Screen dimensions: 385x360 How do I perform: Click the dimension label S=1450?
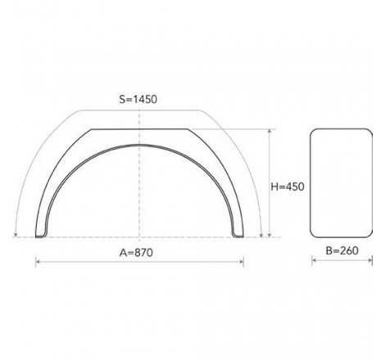tap(138, 99)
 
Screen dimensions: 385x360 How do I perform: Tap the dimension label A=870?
tap(136, 253)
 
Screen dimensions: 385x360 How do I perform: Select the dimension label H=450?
tap(288, 187)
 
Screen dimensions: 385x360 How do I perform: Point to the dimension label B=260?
tap(342, 250)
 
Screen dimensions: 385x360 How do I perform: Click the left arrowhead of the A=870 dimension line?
tap(38, 262)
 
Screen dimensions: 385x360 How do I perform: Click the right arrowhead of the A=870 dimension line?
tap(242, 262)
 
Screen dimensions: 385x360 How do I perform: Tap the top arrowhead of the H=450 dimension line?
tap(269, 131)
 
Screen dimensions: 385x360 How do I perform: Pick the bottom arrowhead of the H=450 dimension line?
tap(269, 235)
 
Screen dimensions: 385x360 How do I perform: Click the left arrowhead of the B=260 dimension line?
tap(314, 260)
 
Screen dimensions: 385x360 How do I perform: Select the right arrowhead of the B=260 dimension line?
tap(370, 260)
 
